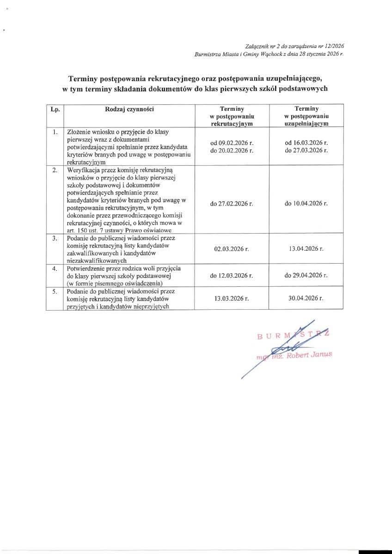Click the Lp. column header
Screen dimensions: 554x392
[x=55, y=108]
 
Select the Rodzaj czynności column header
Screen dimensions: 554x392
[x=129, y=108]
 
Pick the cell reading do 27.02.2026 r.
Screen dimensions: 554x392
[x=231, y=203]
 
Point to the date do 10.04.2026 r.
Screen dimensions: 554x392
[x=306, y=203]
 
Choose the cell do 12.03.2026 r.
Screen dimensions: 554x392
[x=231, y=275]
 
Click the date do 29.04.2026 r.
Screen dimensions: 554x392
[x=306, y=275]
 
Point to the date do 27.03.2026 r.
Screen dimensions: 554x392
[x=306, y=151]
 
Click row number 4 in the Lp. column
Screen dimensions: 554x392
[x=55, y=268]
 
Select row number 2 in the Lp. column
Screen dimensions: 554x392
[x=55, y=170]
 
